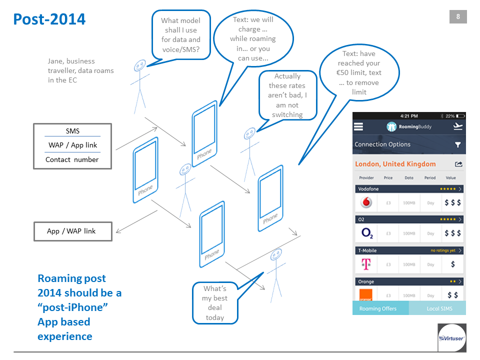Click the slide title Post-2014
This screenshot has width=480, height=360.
[49, 19]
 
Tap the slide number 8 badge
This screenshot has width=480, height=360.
[458, 17]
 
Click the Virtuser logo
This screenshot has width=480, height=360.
[452, 337]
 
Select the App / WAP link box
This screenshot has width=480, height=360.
[72, 231]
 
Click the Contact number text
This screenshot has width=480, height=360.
[72, 159]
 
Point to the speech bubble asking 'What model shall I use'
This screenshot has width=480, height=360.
[180, 35]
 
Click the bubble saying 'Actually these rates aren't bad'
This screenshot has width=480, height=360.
[287, 95]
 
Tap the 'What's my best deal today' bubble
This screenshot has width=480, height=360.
[215, 303]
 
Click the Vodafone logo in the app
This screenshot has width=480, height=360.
[366, 203]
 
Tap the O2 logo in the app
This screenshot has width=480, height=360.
[366, 233]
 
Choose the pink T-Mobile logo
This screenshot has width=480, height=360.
[366, 264]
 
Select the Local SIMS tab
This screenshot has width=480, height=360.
[437, 308]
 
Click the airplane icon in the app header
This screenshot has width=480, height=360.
[457, 127]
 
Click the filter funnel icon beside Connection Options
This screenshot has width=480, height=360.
[457, 144]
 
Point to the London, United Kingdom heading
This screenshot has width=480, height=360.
[395, 164]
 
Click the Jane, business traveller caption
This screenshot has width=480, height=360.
[80, 70]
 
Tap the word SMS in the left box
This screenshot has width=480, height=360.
[72, 131]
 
